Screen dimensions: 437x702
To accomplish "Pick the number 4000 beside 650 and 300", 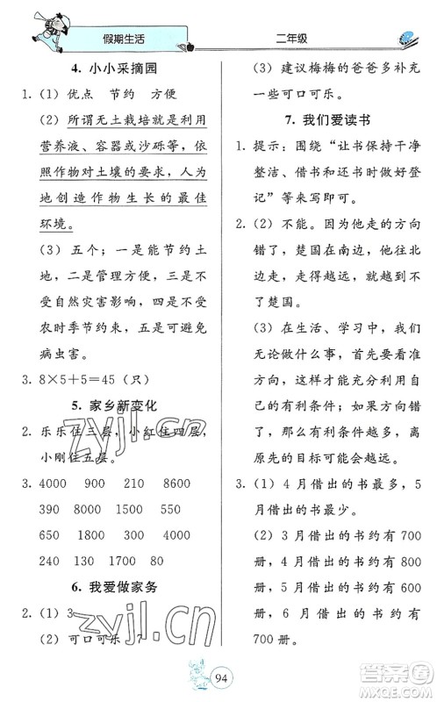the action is click(176, 534).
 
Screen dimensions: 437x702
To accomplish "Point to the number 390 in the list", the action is click(49, 510).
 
